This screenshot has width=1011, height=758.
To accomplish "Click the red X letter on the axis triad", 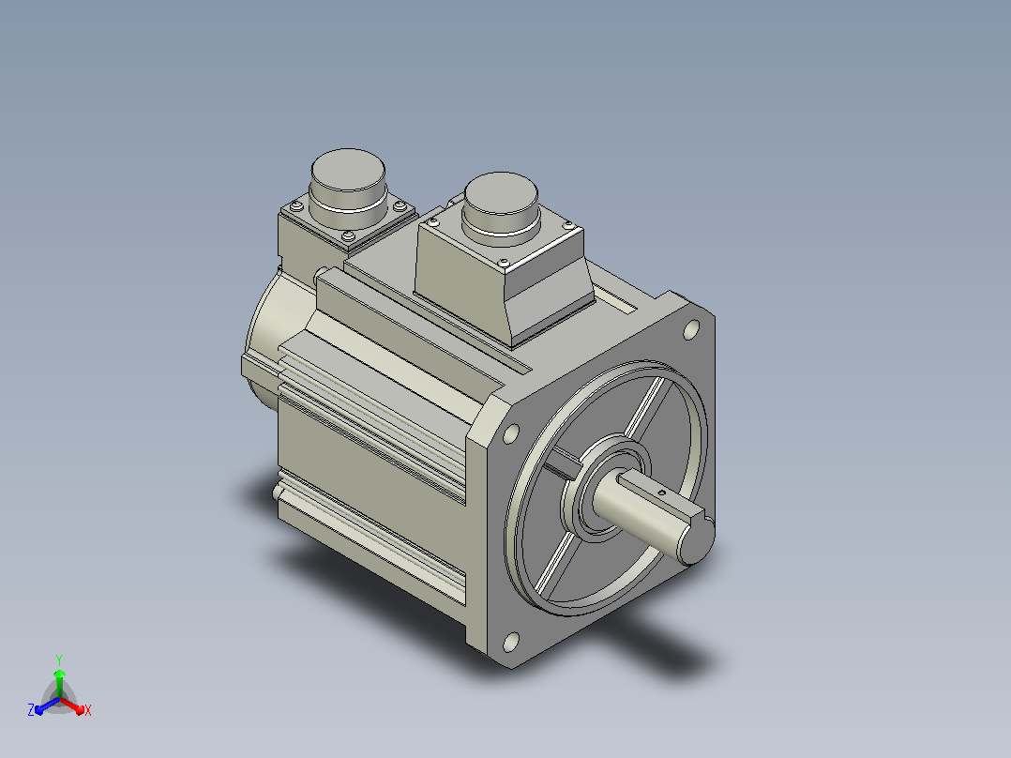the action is (88, 710).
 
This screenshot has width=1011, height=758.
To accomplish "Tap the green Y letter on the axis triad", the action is (59, 659).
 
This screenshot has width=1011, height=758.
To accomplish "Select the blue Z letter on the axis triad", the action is (31, 710).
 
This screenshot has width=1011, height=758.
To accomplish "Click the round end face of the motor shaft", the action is (697, 541).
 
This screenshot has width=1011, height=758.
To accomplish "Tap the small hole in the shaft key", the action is (661, 493).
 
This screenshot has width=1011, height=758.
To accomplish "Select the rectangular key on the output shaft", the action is (661, 496).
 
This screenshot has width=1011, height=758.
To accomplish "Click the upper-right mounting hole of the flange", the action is (690, 330).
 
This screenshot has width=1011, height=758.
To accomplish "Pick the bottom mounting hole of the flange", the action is (510, 642).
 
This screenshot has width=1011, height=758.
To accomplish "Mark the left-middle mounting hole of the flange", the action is (510, 433).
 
